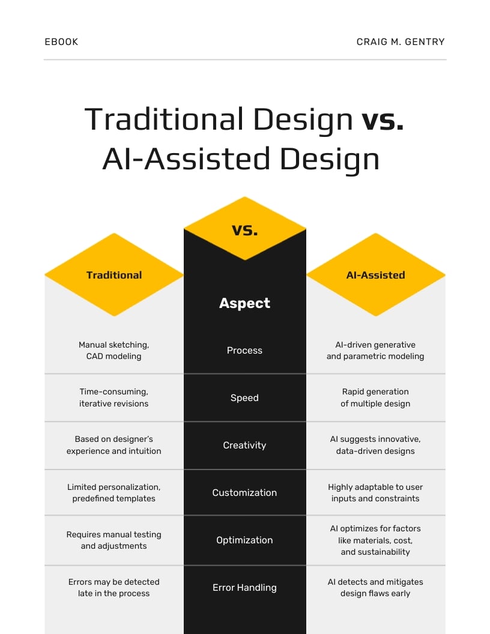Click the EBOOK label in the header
point(61,42)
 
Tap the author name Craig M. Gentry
point(401,42)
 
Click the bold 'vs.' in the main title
point(383,119)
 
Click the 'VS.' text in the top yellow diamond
point(244,229)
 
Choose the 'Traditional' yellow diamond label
point(114,275)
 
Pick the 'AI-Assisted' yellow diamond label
point(375,275)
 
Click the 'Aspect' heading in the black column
point(244,303)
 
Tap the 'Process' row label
point(244,351)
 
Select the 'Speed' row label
point(244,398)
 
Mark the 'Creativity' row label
point(244,445)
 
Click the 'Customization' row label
point(244,493)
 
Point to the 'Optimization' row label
point(244,540)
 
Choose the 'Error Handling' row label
point(244,588)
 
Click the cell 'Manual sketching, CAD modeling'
point(114,351)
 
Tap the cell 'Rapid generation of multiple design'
point(375,398)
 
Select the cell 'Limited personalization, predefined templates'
point(114,493)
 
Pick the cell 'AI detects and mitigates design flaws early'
point(375,588)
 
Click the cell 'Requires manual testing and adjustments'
point(114,540)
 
